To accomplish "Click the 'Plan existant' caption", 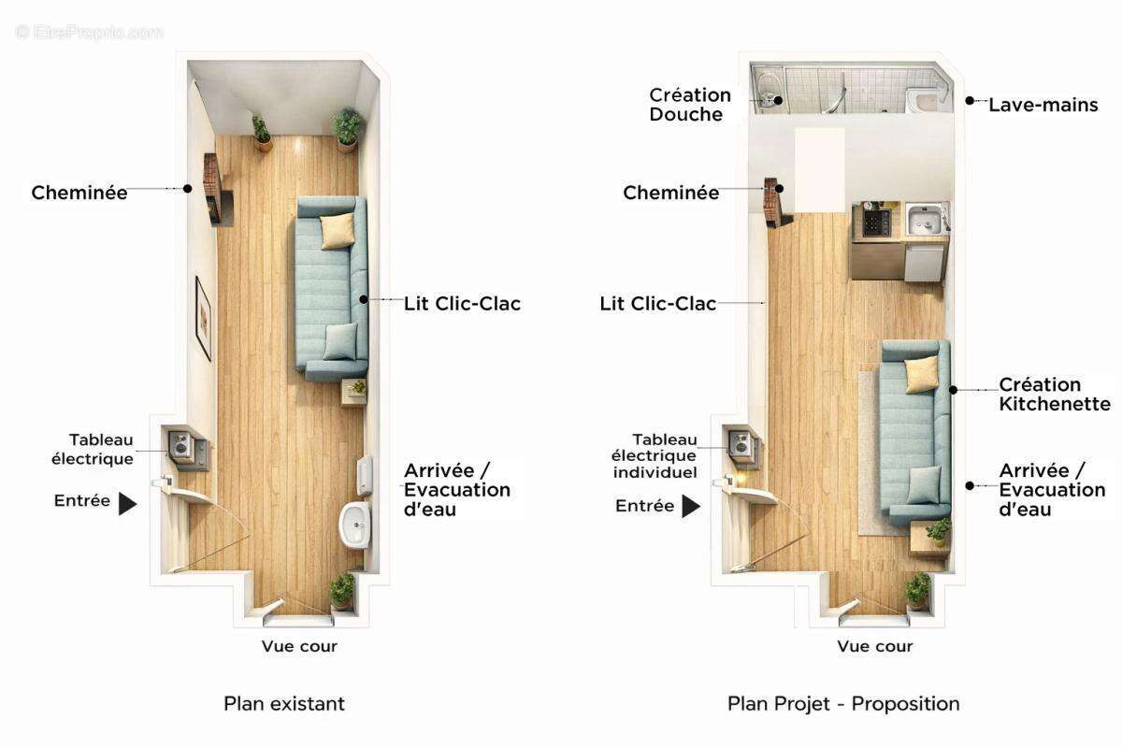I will click(284, 703).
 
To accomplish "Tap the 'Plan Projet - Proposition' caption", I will click(843, 703).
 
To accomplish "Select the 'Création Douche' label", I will click(690, 105).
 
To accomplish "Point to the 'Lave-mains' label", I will click(1043, 105).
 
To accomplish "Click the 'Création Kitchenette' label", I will click(1055, 395).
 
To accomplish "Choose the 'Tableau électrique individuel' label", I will click(654, 455).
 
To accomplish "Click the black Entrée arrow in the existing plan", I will click(128, 504).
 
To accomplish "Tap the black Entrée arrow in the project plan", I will click(691, 507).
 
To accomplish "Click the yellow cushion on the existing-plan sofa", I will click(338, 230).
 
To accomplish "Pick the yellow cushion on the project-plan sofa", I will click(922, 374).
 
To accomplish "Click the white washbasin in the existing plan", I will click(355, 525).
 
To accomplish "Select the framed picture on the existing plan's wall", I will click(203, 318).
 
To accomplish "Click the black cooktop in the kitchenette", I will click(877, 223).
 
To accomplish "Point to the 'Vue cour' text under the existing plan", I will click(299, 646).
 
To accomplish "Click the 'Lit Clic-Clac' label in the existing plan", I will click(462, 304).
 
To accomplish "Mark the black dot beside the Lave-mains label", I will click(971, 100).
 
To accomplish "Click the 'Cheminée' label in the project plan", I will click(671, 194).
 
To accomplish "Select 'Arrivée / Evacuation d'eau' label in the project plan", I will click(1052, 489).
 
